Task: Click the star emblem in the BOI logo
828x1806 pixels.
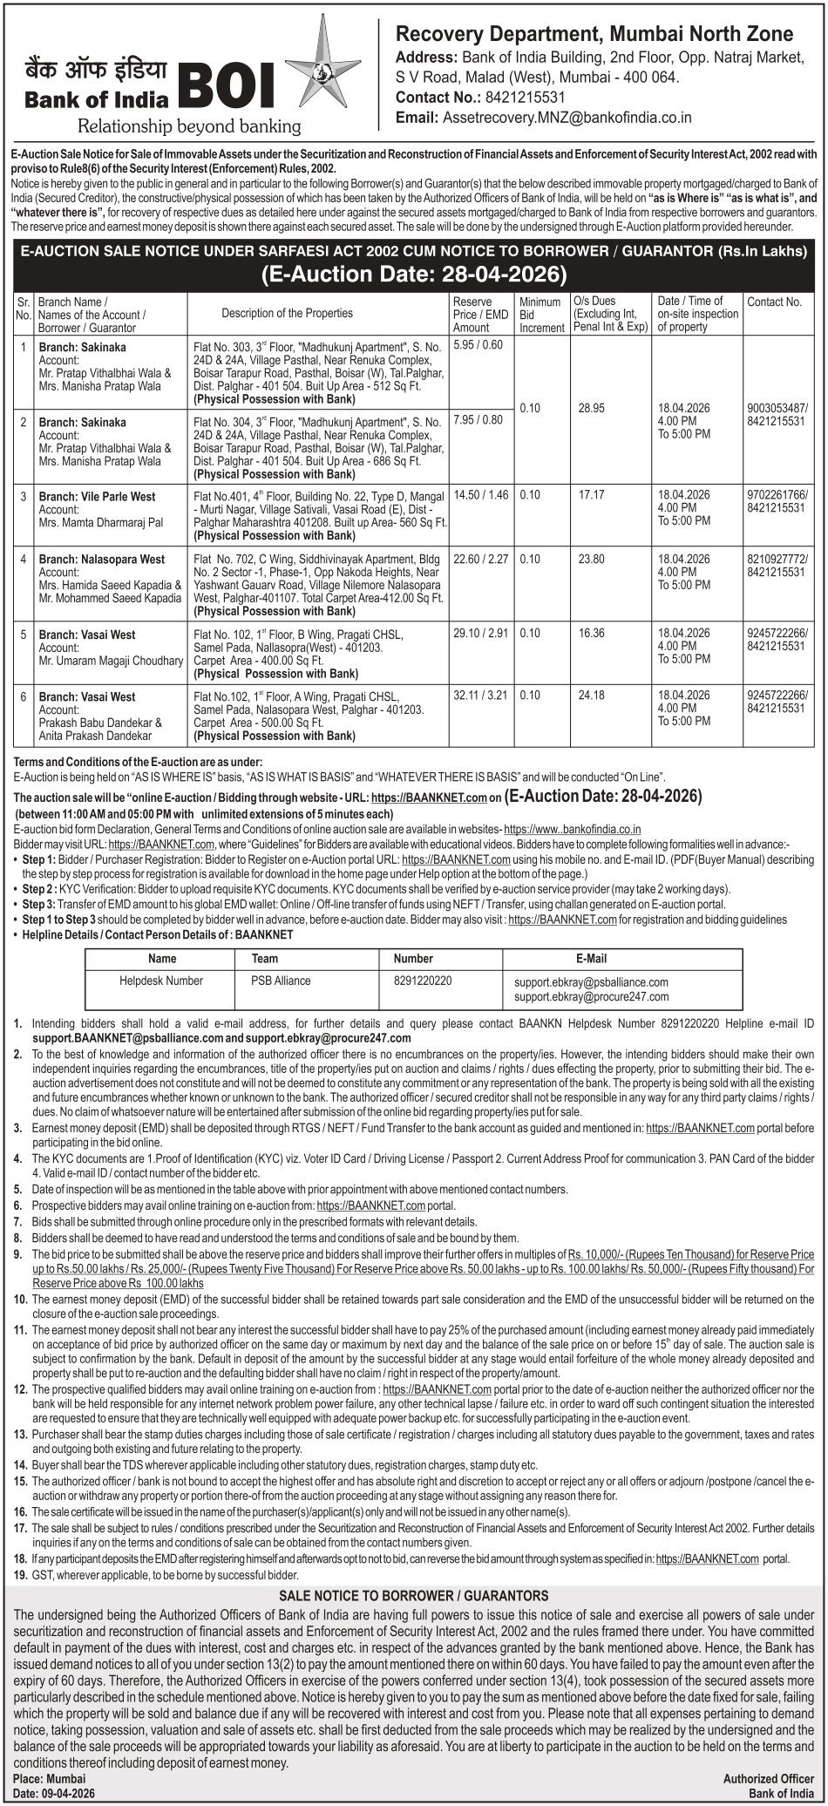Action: [x=310, y=74]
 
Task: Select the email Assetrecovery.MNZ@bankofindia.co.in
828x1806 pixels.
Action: [x=567, y=118]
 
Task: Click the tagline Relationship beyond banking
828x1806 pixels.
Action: [x=189, y=126]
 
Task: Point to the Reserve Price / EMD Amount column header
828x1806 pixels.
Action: [x=480, y=314]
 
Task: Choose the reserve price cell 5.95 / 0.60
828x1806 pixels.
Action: [x=478, y=345]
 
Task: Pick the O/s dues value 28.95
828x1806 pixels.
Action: [x=591, y=408]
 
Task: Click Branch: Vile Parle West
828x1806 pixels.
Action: [x=97, y=497]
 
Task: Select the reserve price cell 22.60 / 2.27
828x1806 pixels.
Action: [x=480, y=560]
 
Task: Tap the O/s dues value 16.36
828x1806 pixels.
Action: [x=591, y=634]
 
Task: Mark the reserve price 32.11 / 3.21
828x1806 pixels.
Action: [x=480, y=696]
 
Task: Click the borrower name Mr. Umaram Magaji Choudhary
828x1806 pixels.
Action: [x=111, y=661]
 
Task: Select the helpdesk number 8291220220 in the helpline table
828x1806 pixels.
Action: [x=423, y=981]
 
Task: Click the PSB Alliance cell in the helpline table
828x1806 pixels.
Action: [x=281, y=981]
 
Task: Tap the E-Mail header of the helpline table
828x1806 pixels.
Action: [x=591, y=959]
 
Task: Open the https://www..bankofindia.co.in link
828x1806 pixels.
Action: [x=573, y=830]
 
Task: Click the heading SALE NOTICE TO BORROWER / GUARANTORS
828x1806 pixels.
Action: [x=413, y=1596]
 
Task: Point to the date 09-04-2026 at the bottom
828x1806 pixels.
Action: [x=67, y=1793]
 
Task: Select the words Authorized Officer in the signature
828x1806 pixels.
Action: [x=768, y=1779]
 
